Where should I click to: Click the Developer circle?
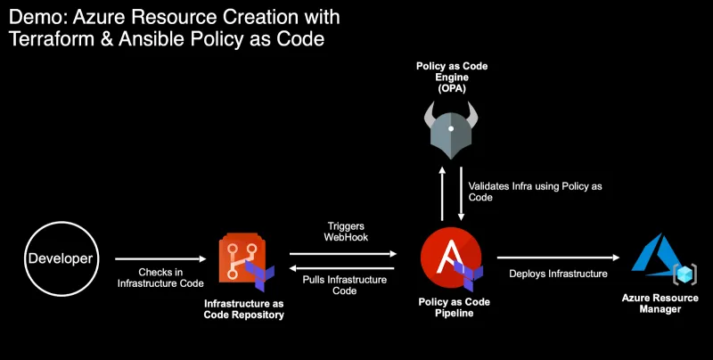[60, 259]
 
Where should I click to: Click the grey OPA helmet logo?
[450, 130]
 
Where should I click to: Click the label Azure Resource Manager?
[660, 303]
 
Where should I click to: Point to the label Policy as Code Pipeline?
[454, 307]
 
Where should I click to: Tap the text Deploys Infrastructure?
[558, 274]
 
